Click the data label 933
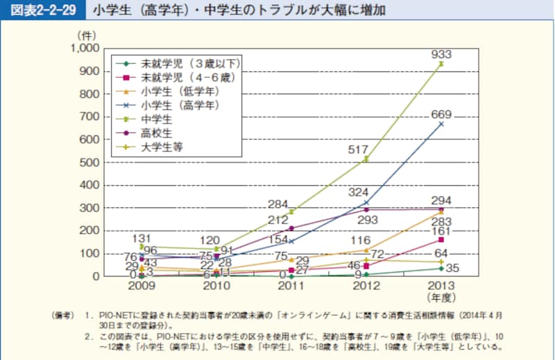click(442, 54)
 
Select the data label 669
click(442, 114)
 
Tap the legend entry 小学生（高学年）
click(180, 105)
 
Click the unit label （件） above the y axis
click(87, 33)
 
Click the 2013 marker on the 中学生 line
click(441, 64)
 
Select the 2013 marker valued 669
click(441, 124)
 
